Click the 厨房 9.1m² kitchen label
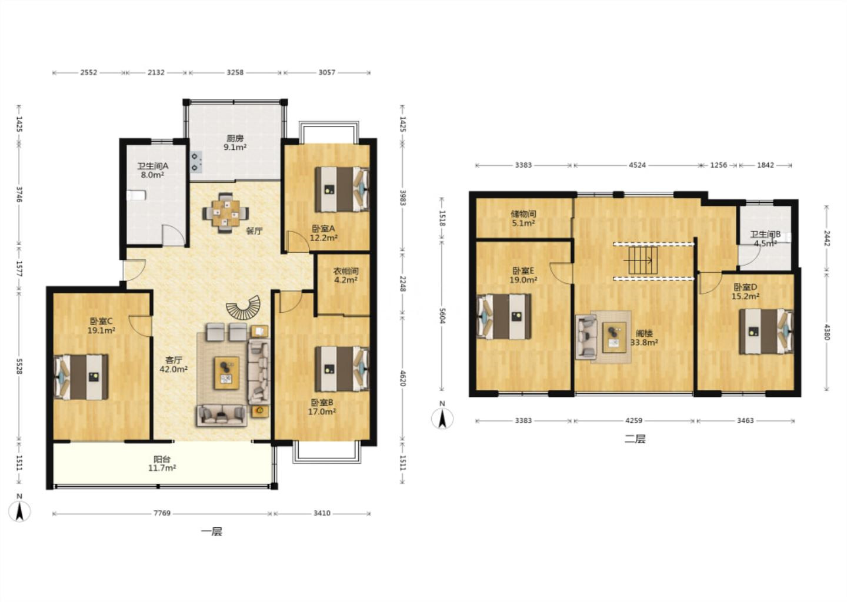pos(235,142)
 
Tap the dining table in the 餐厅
pos(226,213)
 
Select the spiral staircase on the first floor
pos(244,307)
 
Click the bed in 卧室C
pos(81,376)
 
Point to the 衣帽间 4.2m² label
pos(346,276)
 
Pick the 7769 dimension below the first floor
pos(162,513)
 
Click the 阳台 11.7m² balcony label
pos(162,464)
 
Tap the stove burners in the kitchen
pos(195,162)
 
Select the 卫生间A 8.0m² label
pos(152,170)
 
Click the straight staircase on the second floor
pos(643,260)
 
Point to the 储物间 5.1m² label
pos(523,219)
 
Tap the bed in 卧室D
pos(766,332)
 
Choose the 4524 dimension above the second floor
pos(637,165)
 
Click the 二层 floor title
pos(635,439)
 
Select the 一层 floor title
pos(211,531)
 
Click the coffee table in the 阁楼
pos(614,337)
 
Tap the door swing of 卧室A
pos(297,242)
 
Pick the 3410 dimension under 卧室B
pos(322,513)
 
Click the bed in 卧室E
pos(504,316)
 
